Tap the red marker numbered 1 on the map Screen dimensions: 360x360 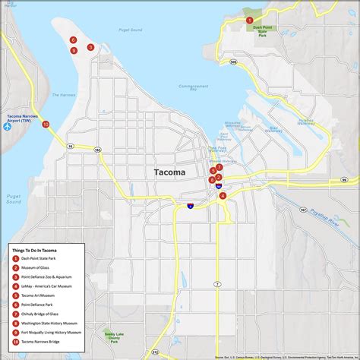coord(250,20)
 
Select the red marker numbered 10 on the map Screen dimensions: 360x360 coord(46,124)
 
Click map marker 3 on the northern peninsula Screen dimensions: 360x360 coord(90,47)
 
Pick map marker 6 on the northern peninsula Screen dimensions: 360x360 coord(73,39)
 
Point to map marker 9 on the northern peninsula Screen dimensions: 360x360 coord(74,51)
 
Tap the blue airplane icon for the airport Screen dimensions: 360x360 coord(8,126)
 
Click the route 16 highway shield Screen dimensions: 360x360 coord(69,145)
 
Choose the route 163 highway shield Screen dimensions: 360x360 coord(97,150)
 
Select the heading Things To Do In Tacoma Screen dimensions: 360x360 coord(34,249)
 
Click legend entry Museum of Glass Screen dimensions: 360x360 coord(37,267)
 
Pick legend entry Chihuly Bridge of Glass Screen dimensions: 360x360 coord(42,314)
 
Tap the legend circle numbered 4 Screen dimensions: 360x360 coord(15,286)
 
